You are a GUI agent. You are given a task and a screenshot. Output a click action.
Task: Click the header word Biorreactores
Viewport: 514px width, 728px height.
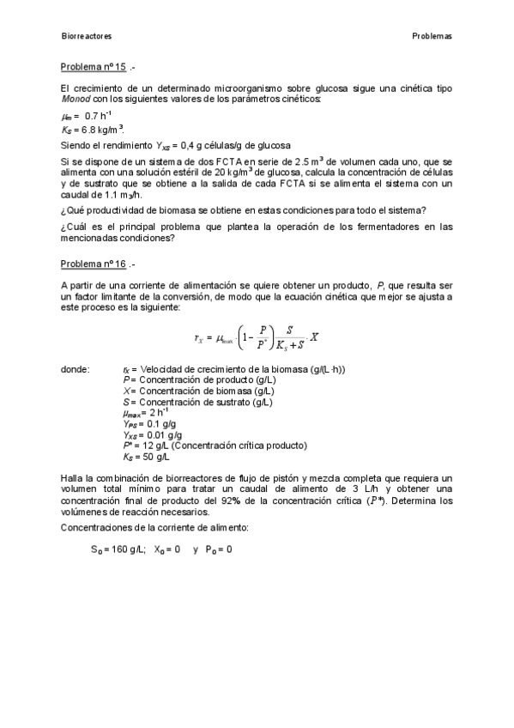point(87,36)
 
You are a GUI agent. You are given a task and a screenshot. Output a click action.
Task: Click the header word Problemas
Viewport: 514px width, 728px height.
point(432,36)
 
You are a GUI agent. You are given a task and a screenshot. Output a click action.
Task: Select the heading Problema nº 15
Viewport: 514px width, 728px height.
point(94,67)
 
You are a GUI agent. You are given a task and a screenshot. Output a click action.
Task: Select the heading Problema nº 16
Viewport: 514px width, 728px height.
point(94,264)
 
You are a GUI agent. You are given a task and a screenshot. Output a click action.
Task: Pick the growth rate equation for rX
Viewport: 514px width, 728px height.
point(256,336)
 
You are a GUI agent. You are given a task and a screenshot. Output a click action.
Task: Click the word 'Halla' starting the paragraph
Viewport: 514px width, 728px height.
point(71,476)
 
